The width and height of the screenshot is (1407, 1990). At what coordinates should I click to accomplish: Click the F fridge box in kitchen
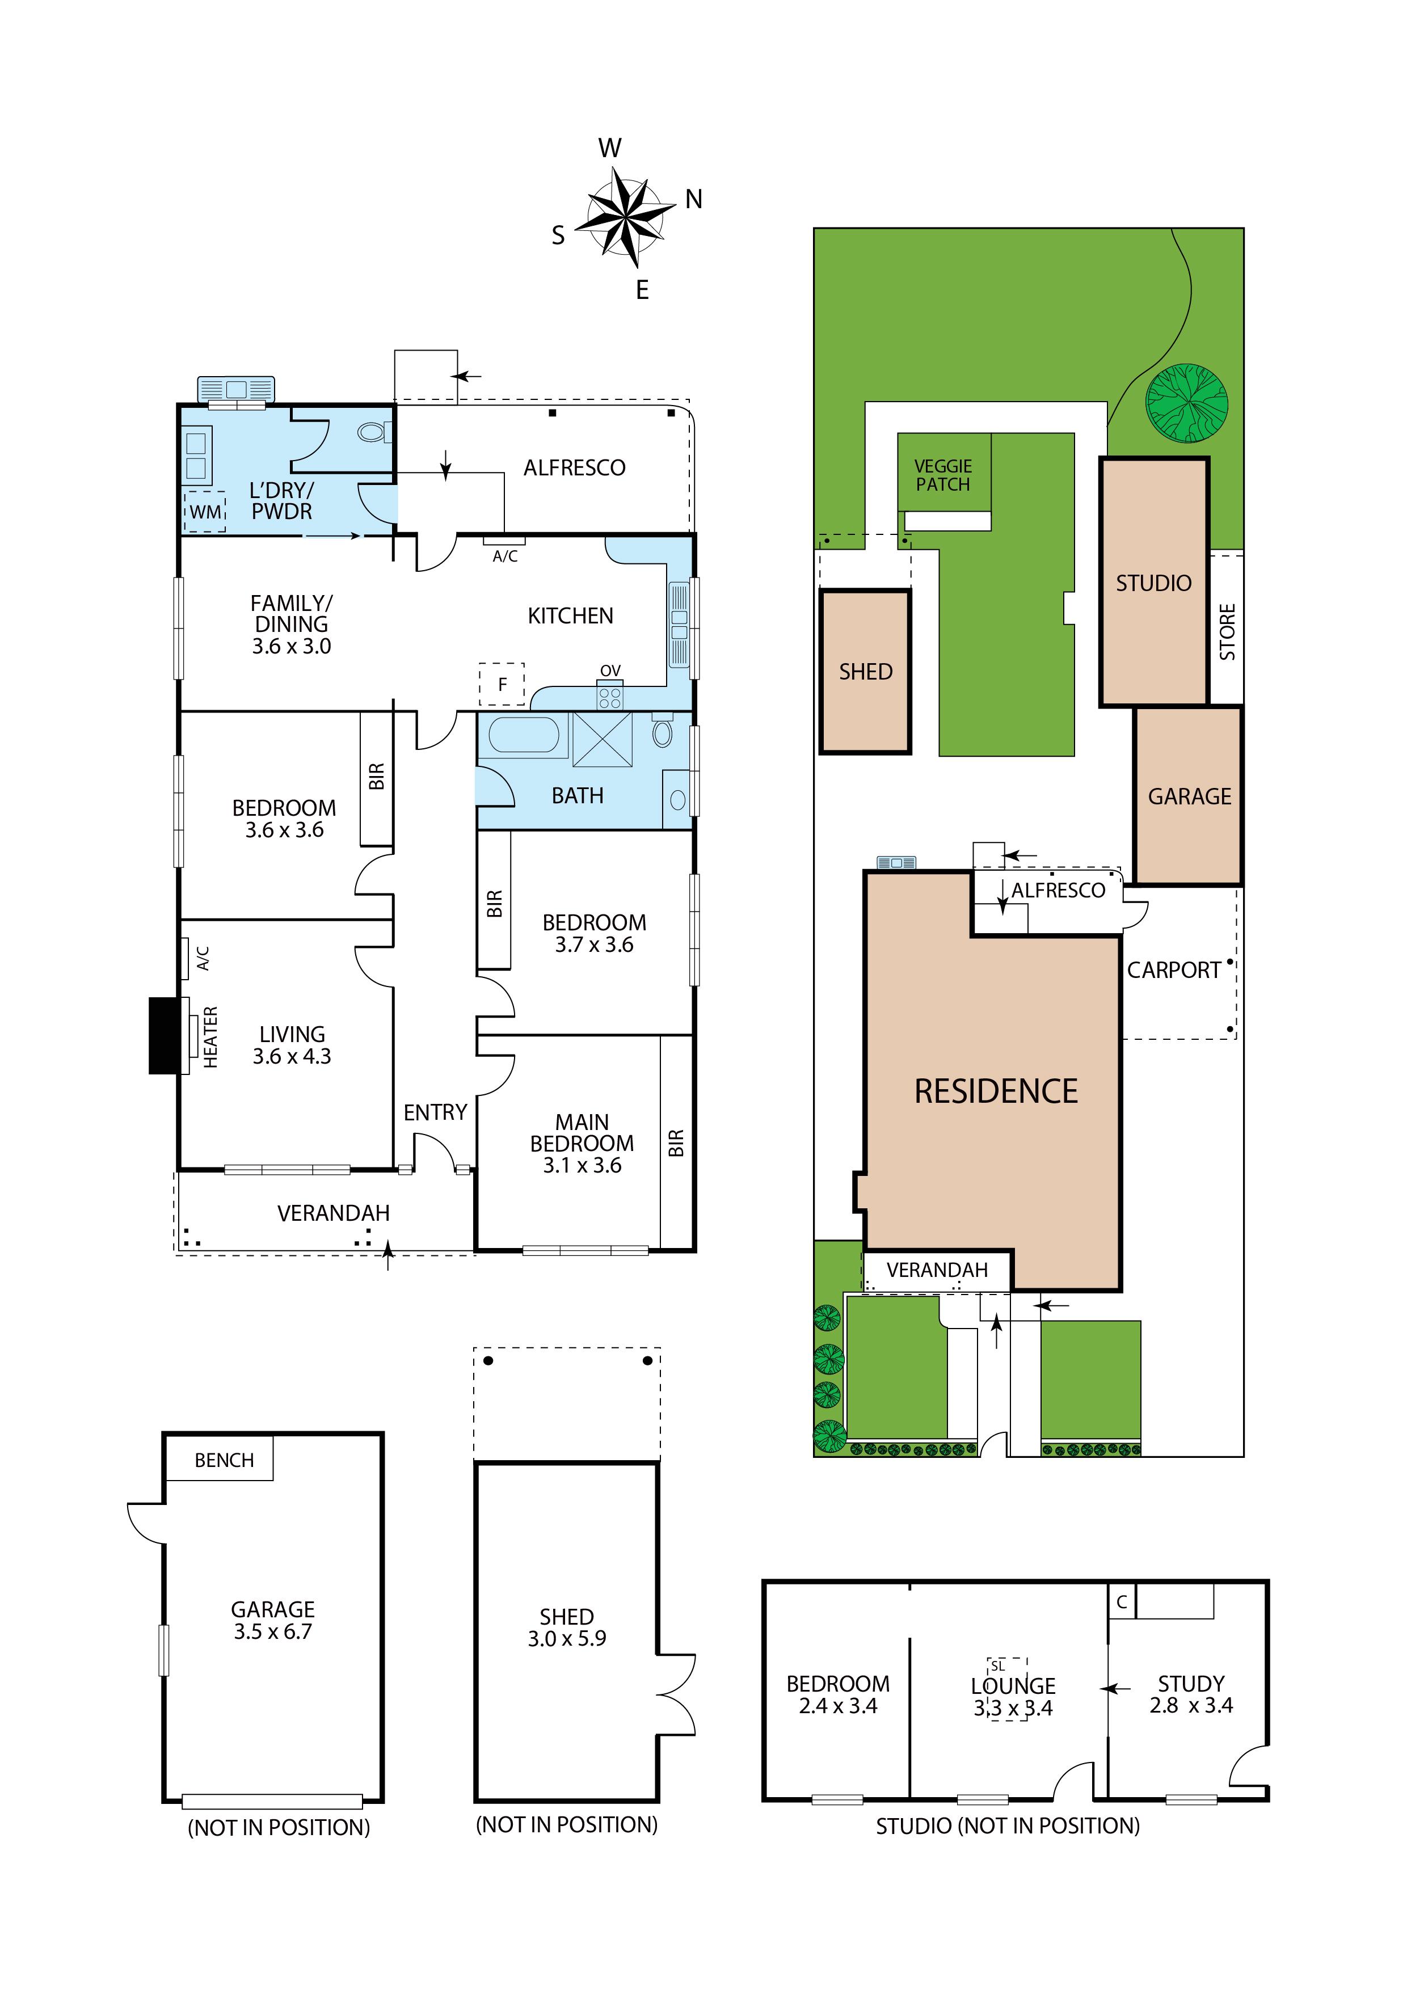pyautogui.click(x=502, y=685)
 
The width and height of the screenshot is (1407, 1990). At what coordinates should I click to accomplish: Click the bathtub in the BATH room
pyautogui.click(x=524, y=735)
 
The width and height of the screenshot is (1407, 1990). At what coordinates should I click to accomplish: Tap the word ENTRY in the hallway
pyautogui.click(x=435, y=1112)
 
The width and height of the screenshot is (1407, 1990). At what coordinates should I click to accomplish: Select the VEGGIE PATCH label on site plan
pyautogui.click(x=943, y=475)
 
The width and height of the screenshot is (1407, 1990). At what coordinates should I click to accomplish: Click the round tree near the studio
pyautogui.click(x=1187, y=403)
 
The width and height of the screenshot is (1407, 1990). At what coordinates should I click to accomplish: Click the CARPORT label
pyautogui.click(x=1174, y=970)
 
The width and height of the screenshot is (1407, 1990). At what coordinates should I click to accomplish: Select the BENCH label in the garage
pyautogui.click(x=225, y=1460)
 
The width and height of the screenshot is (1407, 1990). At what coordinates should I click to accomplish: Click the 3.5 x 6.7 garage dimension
pyautogui.click(x=273, y=1631)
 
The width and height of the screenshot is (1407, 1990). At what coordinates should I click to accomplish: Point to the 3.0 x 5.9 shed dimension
pyautogui.click(x=567, y=1638)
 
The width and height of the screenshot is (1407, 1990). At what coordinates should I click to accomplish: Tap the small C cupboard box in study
pyautogui.click(x=1122, y=1602)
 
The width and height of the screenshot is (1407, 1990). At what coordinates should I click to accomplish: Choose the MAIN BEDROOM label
pyautogui.click(x=583, y=1133)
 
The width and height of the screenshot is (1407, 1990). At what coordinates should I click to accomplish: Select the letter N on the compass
pyautogui.click(x=693, y=199)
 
